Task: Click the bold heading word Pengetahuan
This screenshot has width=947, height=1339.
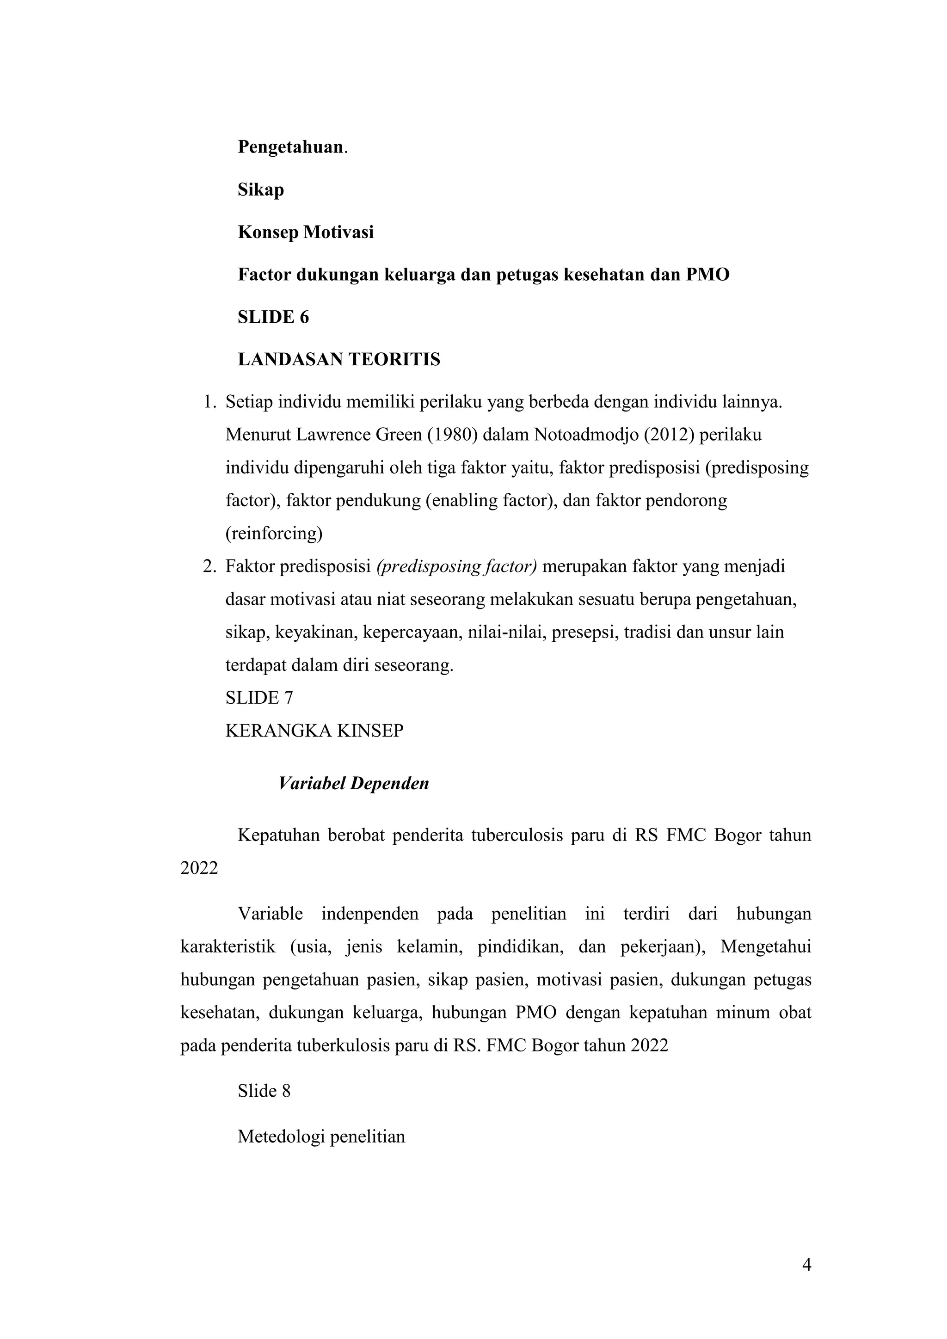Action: coord(290,147)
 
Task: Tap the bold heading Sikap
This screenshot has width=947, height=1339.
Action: coord(261,190)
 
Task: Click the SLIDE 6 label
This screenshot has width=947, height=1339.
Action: coord(273,317)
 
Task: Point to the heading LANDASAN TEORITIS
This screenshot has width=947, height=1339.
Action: coord(339,360)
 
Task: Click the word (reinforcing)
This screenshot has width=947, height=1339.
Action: coord(274,533)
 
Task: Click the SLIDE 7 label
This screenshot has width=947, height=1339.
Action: coord(259,698)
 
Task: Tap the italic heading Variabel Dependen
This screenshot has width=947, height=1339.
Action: coord(354,783)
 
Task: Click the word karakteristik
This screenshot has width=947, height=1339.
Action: coord(228,946)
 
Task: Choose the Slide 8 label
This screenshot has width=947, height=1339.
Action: coord(264,1091)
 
